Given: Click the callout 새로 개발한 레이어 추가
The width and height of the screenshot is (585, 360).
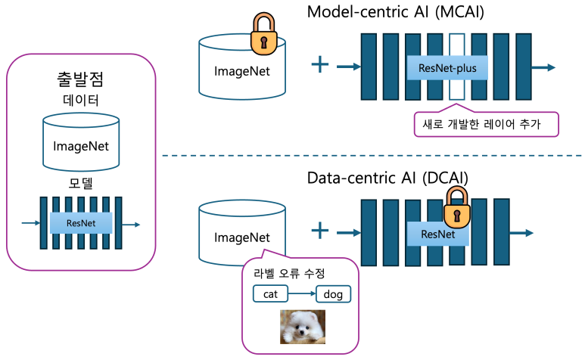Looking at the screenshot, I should [486, 123].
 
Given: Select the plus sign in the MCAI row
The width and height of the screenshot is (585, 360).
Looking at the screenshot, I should [321, 65].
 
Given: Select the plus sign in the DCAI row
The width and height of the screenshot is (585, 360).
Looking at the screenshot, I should [321, 231].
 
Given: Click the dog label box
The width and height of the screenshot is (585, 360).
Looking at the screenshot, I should [333, 293].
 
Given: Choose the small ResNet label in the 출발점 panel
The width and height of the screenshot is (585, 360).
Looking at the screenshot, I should [80, 223].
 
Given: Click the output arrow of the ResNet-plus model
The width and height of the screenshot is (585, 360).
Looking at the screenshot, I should [543, 67].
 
